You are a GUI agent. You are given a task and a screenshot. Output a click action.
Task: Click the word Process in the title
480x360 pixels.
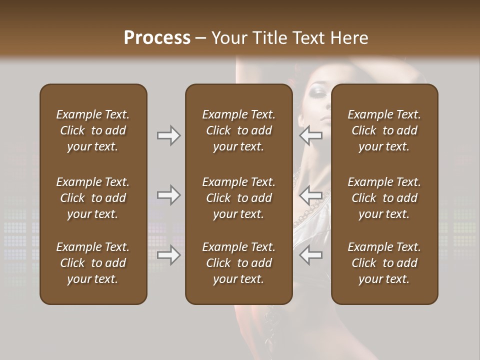point(157,38)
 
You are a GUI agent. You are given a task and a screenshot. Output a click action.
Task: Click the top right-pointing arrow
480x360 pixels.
point(168,135)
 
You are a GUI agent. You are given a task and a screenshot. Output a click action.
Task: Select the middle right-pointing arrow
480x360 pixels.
point(168,195)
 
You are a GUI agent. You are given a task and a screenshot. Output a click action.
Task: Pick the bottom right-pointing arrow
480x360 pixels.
point(168,255)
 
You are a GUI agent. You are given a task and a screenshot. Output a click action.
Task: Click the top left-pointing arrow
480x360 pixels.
point(310,135)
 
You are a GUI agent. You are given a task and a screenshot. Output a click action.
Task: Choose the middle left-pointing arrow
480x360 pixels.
point(310,195)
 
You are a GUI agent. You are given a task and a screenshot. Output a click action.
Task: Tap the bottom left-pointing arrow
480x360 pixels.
point(310,255)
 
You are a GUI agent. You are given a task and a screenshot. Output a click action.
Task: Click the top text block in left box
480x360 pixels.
point(93,130)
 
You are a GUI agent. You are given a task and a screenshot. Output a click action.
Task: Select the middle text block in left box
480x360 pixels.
point(93,198)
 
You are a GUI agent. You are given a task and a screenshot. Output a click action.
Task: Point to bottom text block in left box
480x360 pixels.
point(93,263)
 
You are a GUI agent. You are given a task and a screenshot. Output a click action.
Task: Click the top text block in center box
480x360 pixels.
point(238,130)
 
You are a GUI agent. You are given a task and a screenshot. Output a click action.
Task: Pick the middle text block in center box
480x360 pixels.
point(238,198)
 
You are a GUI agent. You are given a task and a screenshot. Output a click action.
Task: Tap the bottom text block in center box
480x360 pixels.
point(238,263)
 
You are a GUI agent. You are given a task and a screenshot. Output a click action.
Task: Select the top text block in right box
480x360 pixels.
point(384,130)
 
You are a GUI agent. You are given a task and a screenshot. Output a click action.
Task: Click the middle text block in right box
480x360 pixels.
point(384,198)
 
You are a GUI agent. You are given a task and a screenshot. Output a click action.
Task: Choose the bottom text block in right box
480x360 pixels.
point(384,263)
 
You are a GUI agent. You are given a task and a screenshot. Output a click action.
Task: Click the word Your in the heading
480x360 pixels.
point(229,38)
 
